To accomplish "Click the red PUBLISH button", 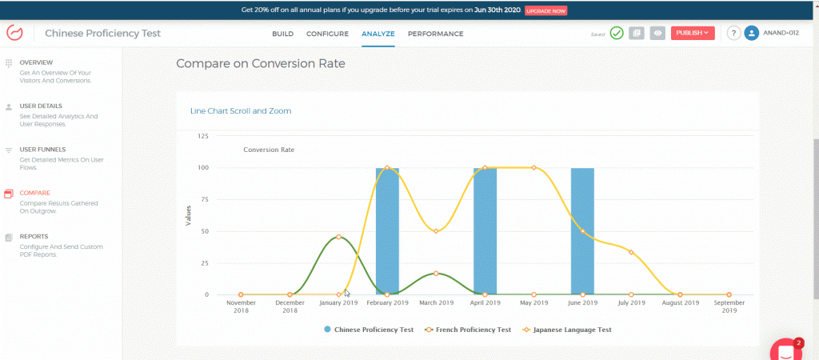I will tap(693, 33).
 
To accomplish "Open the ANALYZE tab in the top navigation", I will tap(378, 34).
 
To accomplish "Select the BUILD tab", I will tap(282, 34).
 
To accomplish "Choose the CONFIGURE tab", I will tap(327, 34).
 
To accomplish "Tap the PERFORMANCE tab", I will tap(435, 34).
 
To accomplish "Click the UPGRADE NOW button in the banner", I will tap(546, 11).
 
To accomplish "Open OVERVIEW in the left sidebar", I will tap(36, 62).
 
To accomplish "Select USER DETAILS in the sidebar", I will tap(41, 106).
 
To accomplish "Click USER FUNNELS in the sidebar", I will tap(42, 150).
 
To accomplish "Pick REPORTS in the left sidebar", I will tap(34, 237).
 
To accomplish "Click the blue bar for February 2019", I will tap(387, 232).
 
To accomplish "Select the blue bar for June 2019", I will tap(582, 232).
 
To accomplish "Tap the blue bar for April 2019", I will tap(485, 232).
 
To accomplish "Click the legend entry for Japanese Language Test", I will tap(572, 329).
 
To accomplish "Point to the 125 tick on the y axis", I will tap(202, 137).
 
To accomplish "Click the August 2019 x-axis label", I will tap(680, 303).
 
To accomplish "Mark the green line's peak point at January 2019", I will tap(339, 237).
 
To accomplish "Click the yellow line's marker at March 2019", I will tap(436, 231).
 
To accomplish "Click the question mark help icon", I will tap(733, 33).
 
